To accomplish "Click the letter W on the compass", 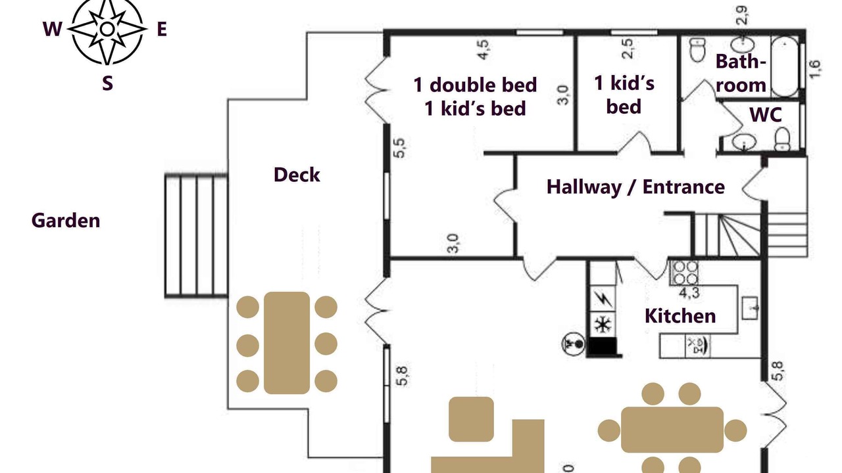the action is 52,29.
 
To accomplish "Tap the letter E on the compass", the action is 162,29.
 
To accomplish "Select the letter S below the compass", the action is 107,83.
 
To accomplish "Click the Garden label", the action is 66,220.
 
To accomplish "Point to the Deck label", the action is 297,175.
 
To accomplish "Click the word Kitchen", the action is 680,316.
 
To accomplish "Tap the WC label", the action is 766,115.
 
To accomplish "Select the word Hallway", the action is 583,187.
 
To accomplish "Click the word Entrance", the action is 683,187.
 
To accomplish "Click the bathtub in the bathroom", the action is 785,66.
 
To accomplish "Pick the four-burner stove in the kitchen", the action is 685,273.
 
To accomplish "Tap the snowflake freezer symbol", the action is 603,325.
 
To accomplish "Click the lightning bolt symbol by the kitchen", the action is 603,299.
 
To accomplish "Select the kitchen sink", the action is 751,308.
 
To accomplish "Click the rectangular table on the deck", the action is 287,343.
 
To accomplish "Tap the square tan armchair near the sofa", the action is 472,419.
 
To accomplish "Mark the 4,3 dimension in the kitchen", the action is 689,293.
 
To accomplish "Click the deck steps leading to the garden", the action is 196,236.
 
